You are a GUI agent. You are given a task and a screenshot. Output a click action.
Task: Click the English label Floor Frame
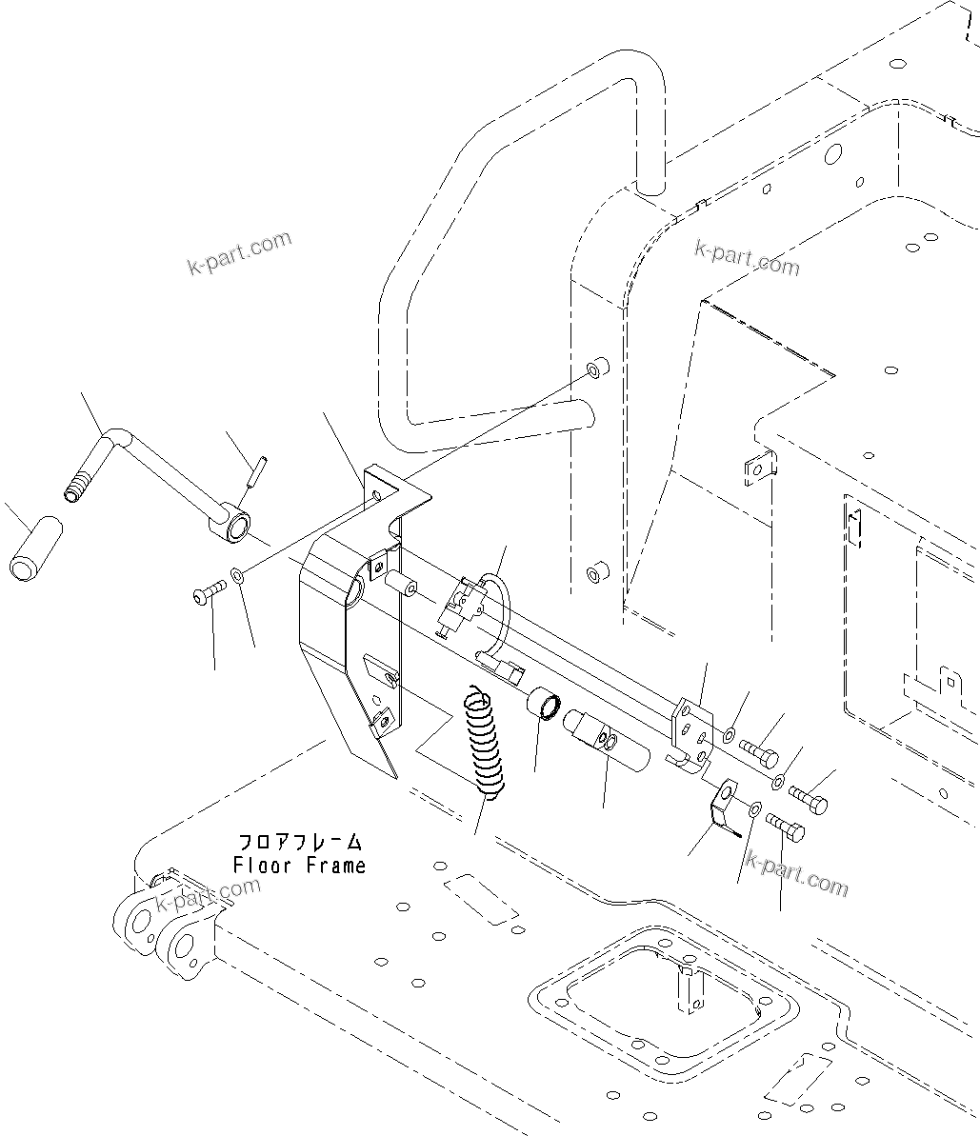click(299, 866)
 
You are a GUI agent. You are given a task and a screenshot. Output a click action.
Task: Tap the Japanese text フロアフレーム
click(299, 843)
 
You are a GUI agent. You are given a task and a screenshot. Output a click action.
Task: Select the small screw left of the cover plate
click(206, 594)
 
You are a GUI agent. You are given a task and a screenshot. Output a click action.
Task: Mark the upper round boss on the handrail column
click(596, 369)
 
